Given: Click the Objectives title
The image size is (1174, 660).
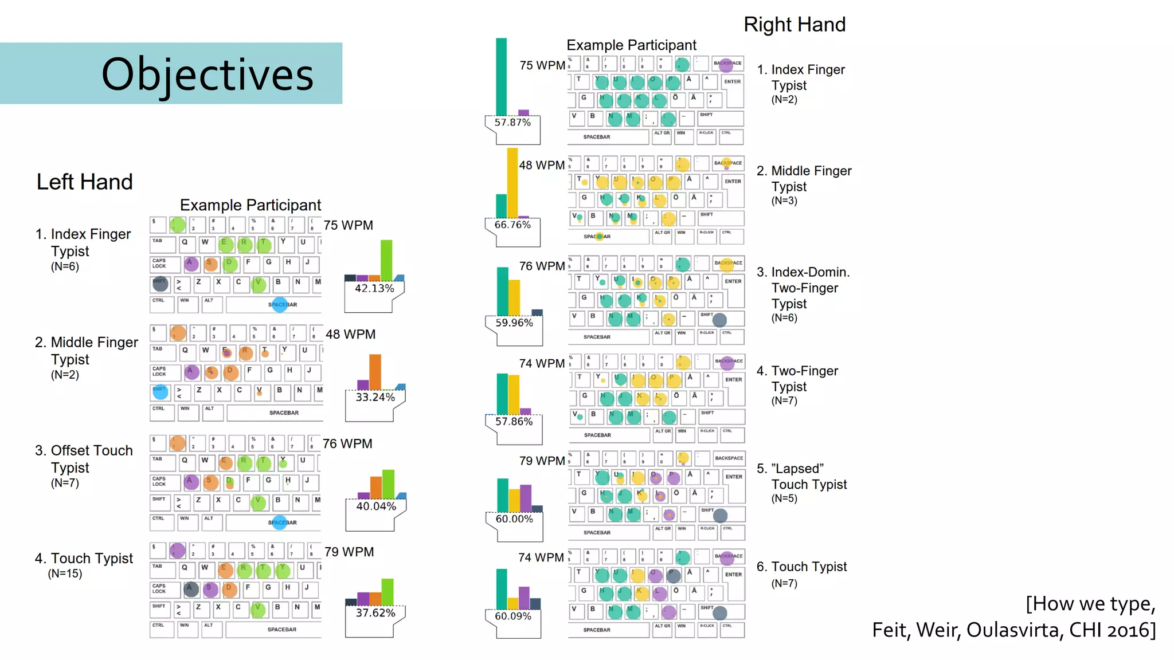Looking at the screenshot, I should pyautogui.click(x=207, y=74).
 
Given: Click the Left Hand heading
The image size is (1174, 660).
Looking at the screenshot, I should pyautogui.click(x=84, y=182).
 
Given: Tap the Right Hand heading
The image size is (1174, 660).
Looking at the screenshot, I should pyautogui.click(x=794, y=25).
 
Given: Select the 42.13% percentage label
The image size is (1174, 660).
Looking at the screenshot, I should pyautogui.click(x=374, y=288).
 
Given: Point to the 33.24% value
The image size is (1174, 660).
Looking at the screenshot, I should pyautogui.click(x=375, y=397).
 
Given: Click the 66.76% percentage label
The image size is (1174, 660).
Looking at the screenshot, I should pyautogui.click(x=512, y=225).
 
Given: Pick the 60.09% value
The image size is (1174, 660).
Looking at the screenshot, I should pyautogui.click(x=513, y=616).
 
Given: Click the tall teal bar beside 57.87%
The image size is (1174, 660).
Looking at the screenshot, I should pyautogui.click(x=501, y=77).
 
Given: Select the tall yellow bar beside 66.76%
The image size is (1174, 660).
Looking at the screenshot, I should pyautogui.click(x=512, y=182).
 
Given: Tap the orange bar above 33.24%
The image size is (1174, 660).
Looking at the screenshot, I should pyautogui.click(x=375, y=372).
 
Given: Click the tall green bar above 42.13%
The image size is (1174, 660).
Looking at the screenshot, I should pyautogui.click(x=386, y=260).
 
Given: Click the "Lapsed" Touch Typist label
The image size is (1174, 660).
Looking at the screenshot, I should pyautogui.click(x=801, y=477).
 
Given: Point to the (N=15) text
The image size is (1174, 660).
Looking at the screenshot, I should pyautogui.click(x=65, y=573).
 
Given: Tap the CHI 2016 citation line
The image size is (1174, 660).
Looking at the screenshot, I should pyautogui.click(x=1013, y=630).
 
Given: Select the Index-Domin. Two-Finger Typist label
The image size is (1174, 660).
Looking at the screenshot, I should pyautogui.click(x=804, y=288).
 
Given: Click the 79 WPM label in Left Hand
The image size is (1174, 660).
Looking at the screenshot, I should pyautogui.click(x=349, y=552).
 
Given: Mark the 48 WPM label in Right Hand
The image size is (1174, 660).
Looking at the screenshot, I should pyautogui.click(x=542, y=165).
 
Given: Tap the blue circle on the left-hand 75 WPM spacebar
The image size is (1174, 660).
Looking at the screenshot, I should pyautogui.click(x=280, y=304).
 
